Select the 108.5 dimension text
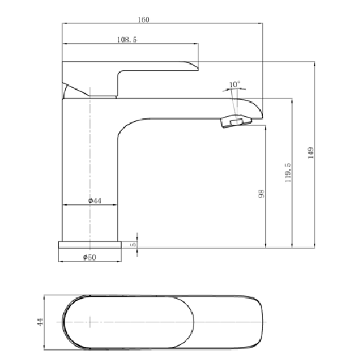(x=126, y=40)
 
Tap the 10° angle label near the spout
(x=235, y=84)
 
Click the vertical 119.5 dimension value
(x=288, y=174)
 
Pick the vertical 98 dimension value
(x=261, y=195)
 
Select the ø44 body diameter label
(x=95, y=202)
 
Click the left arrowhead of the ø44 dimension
(x=66, y=206)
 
